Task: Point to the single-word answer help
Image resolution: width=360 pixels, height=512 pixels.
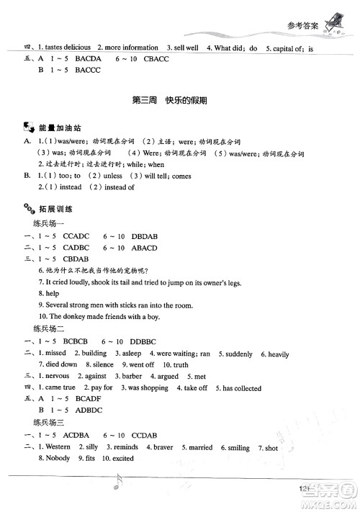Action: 53,293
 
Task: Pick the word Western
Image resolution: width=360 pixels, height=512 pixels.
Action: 57,446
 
